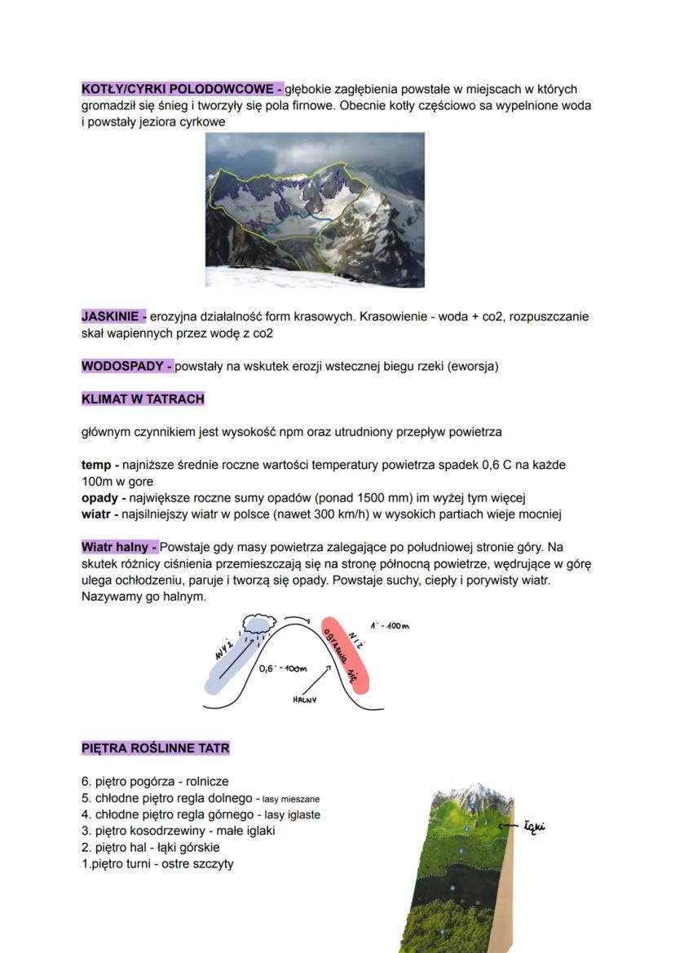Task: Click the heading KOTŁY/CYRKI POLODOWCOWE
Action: click(181, 89)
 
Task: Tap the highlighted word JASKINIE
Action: click(112, 316)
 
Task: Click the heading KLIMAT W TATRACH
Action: click(143, 399)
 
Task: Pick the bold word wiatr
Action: click(96, 514)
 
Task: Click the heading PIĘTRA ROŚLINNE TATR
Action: click(156, 748)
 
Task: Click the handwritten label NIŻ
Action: click(356, 639)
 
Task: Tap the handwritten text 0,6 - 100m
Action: click(281, 668)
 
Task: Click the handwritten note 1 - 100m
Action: click(389, 626)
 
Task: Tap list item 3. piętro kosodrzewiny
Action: click(178, 831)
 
